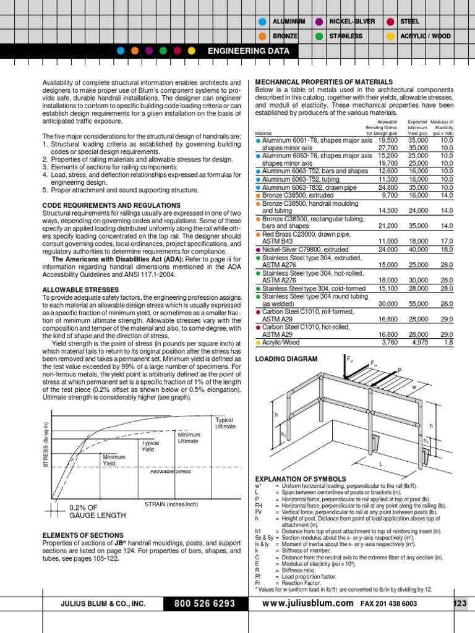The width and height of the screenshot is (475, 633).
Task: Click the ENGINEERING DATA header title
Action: [x=247, y=51]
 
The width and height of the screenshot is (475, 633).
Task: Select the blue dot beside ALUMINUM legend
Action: [x=263, y=22]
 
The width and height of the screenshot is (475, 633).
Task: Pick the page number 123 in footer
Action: [x=460, y=603]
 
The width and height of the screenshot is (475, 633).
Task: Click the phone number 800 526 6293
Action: [x=204, y=603]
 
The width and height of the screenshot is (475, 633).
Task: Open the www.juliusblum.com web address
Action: [x=308, y=603]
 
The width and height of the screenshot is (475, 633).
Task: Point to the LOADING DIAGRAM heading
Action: [x=286, y=359]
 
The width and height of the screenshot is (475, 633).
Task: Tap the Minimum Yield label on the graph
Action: [x=114, y=460]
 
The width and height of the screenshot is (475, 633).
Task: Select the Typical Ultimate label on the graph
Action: [x=225, y=423]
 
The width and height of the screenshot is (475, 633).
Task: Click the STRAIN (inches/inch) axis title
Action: [x=171, y=504]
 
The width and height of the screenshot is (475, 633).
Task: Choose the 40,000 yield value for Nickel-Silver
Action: [x=417, y=250]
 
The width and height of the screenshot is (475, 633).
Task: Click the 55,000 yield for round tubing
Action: [x=417, y=304]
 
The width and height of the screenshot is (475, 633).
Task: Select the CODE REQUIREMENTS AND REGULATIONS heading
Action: [x=111, y=205]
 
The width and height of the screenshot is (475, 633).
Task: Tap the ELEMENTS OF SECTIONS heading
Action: [x=82, y=535]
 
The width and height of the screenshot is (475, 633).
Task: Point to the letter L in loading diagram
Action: [x=381, y=463]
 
